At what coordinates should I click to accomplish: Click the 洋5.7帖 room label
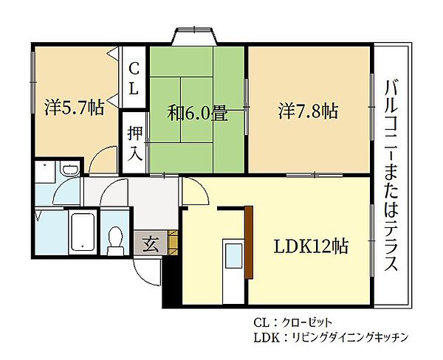[73, 108]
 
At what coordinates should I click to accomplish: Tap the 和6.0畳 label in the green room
[197, 114]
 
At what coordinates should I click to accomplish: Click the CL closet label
[134, 78]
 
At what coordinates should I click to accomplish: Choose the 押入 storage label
[134, 144]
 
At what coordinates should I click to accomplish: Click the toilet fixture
[114, 238]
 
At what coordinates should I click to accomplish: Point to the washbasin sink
[68, 172]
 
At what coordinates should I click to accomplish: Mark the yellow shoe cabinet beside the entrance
[173, 242]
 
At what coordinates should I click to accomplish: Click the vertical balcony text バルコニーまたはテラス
[391, 175]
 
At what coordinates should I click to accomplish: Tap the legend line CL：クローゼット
[293, 322]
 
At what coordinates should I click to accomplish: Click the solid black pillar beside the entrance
[171, 280]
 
